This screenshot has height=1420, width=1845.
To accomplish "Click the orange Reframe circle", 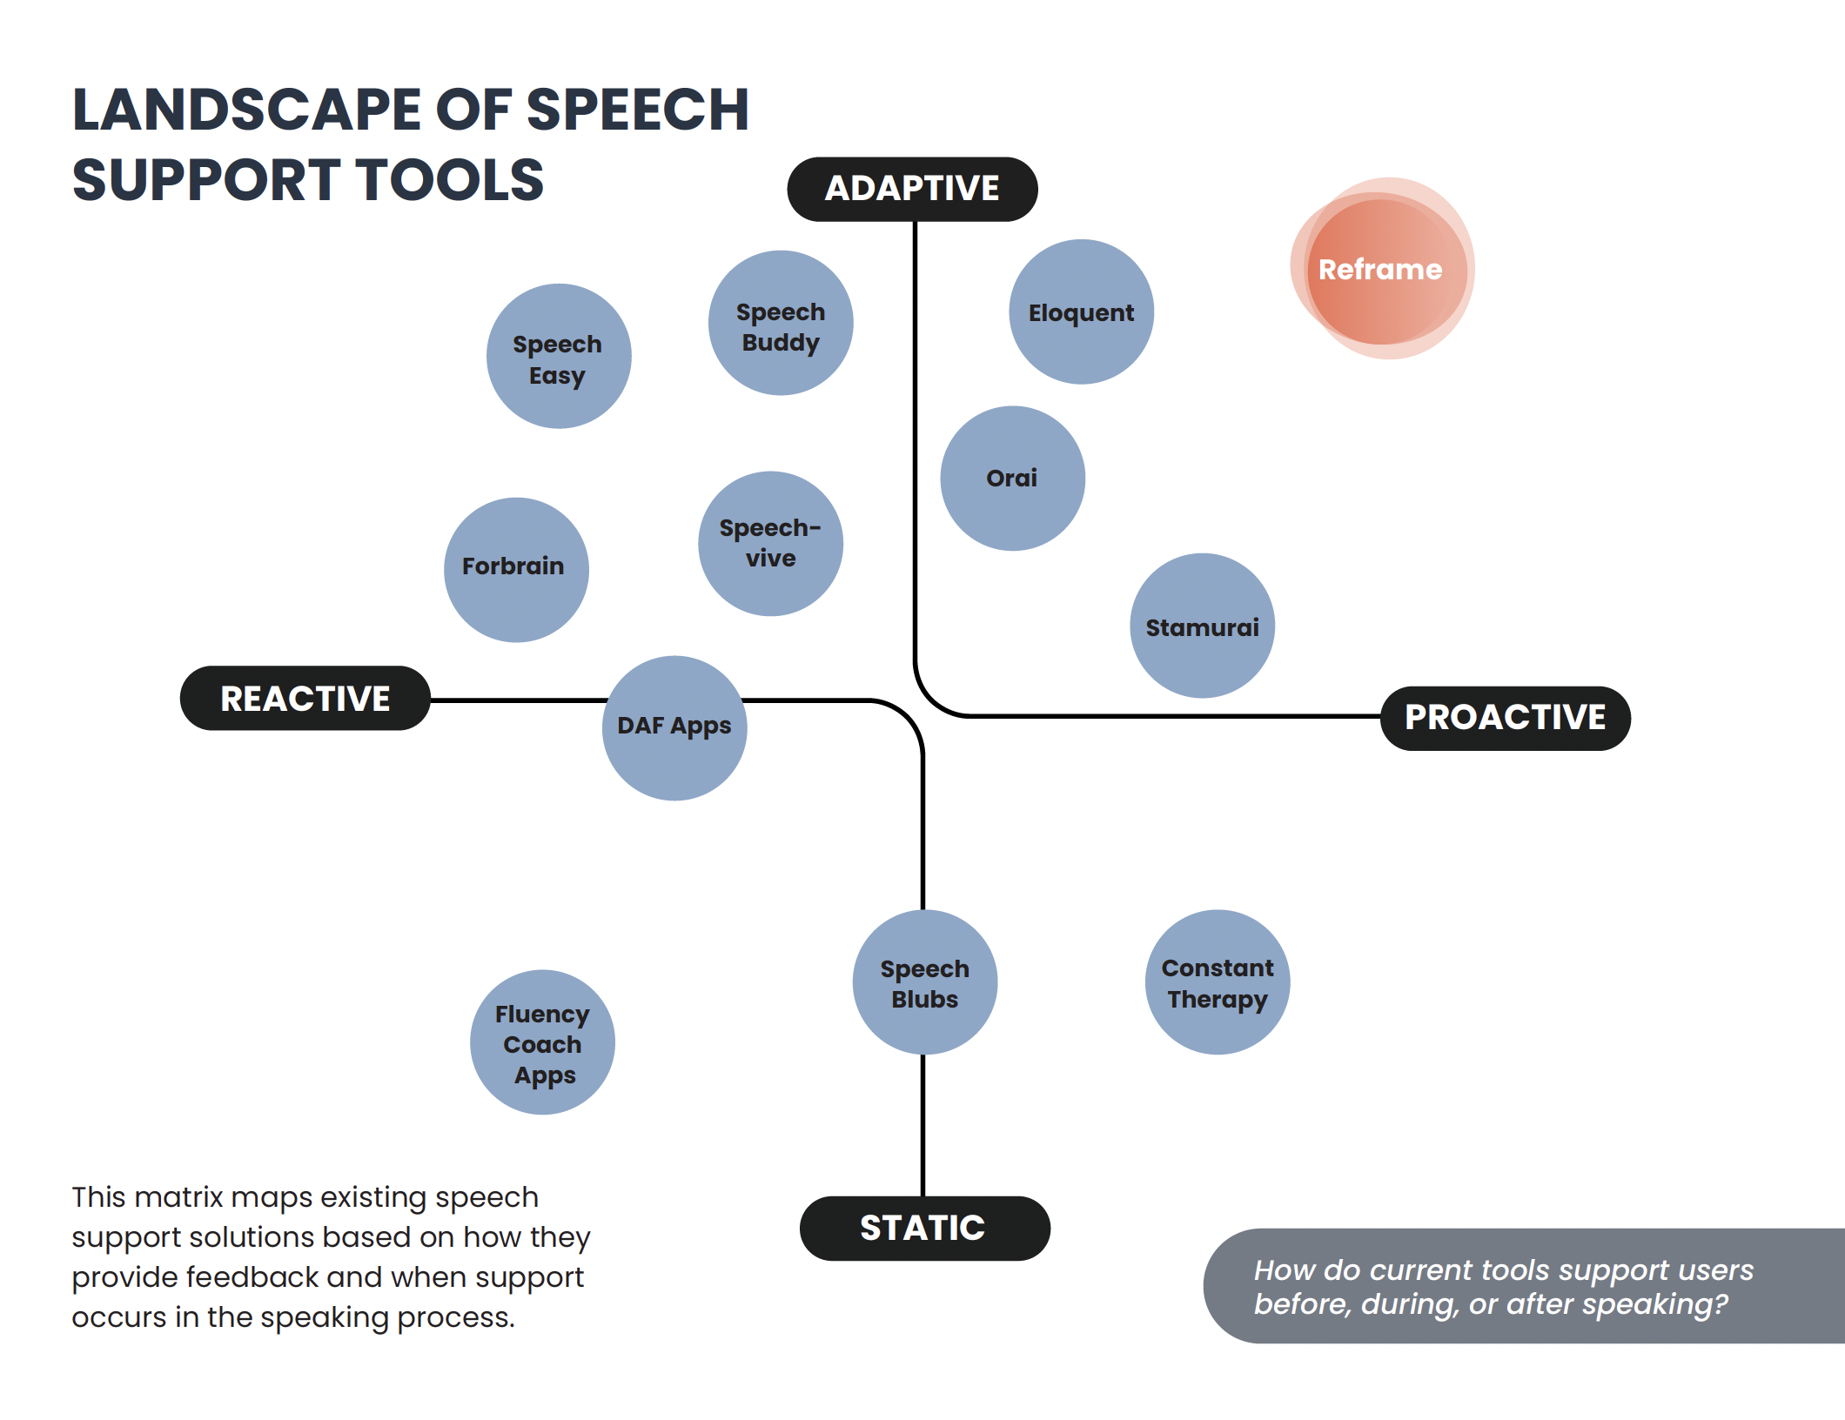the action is point(1383,269).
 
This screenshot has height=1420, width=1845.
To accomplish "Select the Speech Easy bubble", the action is point(559,356).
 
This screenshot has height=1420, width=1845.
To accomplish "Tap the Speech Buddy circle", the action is point(781,323).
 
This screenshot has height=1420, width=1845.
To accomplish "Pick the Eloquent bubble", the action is point(1082,311).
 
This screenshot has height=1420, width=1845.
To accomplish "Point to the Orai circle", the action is point(1013,479).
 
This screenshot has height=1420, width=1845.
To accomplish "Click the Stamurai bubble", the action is point(1203,626).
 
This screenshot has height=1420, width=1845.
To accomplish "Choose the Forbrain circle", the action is point(516,570).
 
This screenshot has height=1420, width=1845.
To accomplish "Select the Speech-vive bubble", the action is point(771,544).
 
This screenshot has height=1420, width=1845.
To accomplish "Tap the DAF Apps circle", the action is point(674,728).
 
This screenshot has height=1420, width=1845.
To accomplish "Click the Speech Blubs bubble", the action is point(925,982).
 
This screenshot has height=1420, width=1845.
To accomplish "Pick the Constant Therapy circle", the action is point(1218,982).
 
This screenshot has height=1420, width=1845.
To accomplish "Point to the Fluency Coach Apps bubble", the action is point(543,1042).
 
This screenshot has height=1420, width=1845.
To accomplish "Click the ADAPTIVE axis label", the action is point(913,190).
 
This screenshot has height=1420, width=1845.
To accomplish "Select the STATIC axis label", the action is point(925,1229).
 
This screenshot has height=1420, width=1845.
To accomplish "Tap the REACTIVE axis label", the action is point(305,699).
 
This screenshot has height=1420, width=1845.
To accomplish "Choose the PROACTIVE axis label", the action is point(1506,719).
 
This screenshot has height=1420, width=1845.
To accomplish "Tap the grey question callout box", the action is point(1524,1286).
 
